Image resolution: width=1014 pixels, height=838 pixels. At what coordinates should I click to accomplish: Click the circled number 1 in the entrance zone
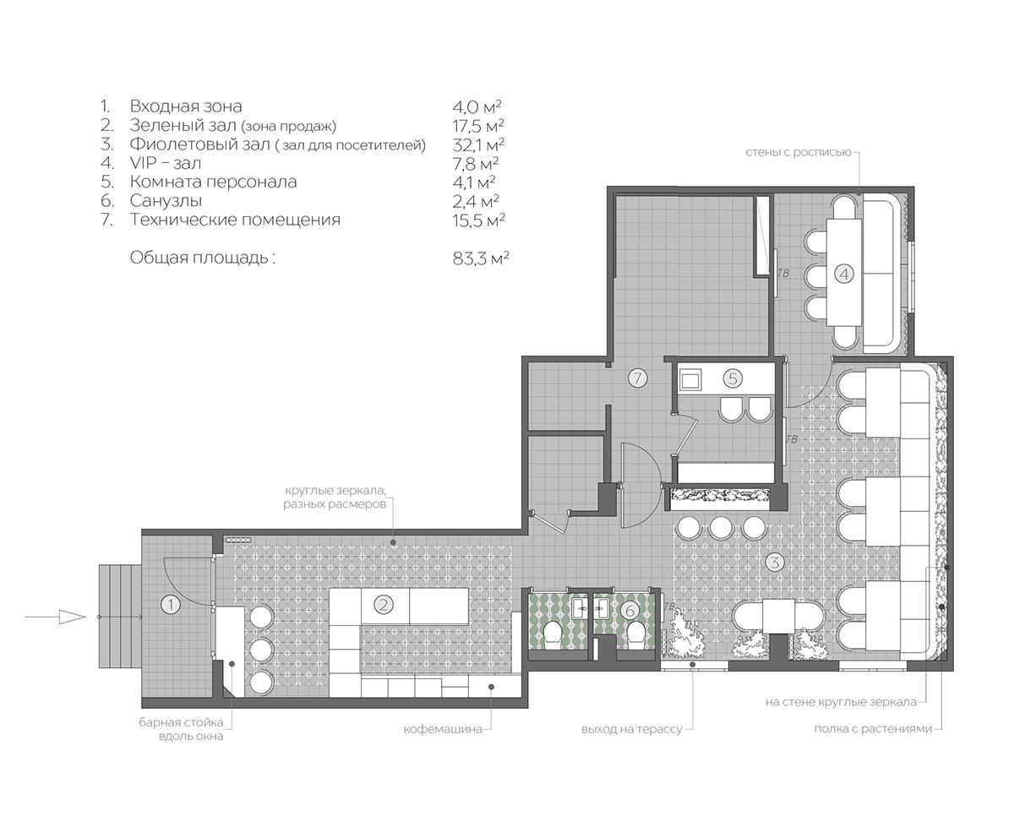pos(170,605)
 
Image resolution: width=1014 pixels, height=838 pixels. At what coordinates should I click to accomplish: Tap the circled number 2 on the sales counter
pos(384,605)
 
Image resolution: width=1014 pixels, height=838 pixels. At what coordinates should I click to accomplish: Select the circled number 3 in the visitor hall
pos(774,563)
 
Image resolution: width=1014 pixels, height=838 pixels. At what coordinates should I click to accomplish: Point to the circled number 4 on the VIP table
pos(843,274)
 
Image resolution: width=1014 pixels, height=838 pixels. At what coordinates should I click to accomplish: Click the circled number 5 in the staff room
pos(733,378)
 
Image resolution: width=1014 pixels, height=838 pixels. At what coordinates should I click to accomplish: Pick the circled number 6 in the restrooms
pos(630,610)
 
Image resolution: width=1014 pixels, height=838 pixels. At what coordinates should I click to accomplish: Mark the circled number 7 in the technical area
pos(637,378)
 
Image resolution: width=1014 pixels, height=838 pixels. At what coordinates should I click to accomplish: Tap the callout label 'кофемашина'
pos(443,729)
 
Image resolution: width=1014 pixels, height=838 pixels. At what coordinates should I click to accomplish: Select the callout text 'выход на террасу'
pos(631,729)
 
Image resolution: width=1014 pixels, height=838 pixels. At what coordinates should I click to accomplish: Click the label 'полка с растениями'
pos(873,729)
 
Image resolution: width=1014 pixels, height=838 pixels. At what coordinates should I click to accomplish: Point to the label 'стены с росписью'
pos(799,152)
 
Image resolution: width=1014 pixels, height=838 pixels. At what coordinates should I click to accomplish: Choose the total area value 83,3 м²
pos(480,258)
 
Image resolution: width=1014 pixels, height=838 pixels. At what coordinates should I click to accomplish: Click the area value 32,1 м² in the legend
pos(478,144)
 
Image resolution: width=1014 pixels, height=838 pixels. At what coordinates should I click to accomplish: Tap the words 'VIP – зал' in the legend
pos(165,163)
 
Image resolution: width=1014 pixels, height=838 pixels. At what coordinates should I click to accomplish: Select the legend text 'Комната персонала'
pos(213,182)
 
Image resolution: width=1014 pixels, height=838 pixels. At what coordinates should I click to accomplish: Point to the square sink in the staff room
pos(690,379)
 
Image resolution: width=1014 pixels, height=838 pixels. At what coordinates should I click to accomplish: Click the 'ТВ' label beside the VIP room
pos(782,274)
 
